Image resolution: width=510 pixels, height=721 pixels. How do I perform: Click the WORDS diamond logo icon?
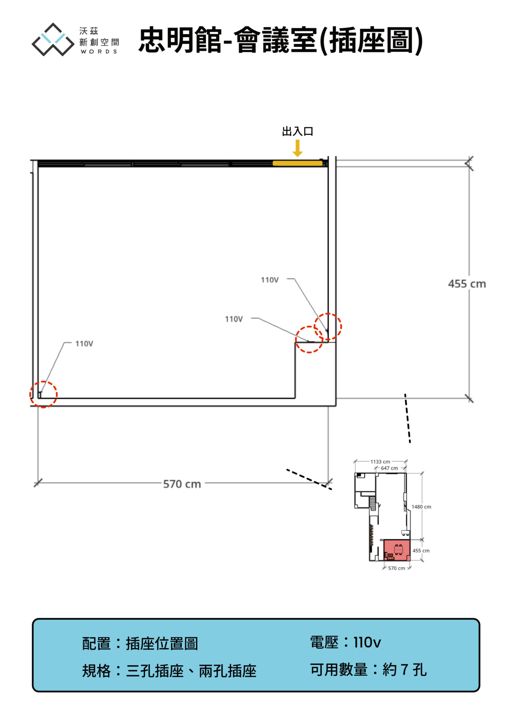click(53, 39)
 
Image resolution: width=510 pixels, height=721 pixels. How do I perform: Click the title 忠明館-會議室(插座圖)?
click(280, 40)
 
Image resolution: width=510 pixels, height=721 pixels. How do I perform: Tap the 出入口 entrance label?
click(298, 131)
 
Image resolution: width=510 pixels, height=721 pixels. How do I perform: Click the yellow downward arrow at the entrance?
click(298, 148)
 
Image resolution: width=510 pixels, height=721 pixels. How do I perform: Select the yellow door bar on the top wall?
click(297, 163)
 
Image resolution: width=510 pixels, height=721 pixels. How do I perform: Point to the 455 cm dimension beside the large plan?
click(467, 284)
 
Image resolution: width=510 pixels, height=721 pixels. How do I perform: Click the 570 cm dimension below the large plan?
click(182, 484)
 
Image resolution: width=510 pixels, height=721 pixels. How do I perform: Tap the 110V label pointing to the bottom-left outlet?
click(84, 344)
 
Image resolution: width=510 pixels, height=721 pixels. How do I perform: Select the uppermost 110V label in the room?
click(270, 280)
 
